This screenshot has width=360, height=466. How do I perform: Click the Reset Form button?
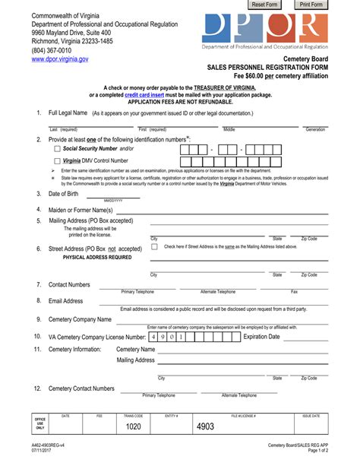[264, 5]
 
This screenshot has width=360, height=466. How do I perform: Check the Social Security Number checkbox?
[57, 149]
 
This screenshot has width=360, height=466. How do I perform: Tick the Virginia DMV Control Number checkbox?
[57, 161]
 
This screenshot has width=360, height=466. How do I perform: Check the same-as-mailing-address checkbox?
[155, 246]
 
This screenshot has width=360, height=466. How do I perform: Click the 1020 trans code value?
[134, 427]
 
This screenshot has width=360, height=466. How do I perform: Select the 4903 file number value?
[206, 427]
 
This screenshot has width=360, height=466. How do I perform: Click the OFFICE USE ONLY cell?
[40, 424]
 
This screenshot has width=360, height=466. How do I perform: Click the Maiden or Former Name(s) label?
[81, 210]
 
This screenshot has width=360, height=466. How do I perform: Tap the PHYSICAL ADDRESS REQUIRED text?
[96, 258]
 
